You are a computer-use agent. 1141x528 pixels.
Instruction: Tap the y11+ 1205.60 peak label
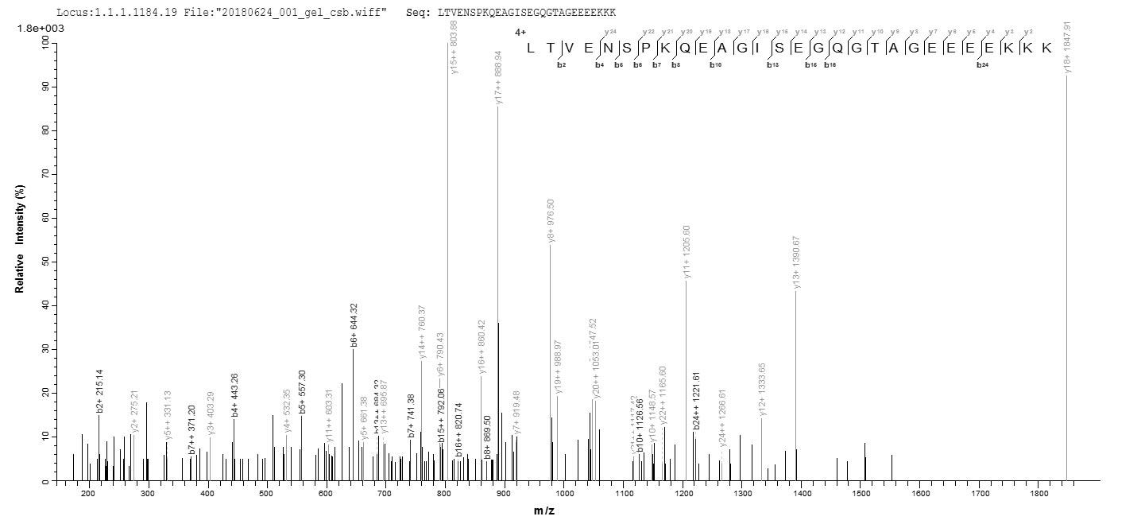pyautogui.click(x=687, y=252)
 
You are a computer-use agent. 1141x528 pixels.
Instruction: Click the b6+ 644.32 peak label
pyautogui.click(x=354, y=324)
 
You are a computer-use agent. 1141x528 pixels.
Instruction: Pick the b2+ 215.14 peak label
pyautogui.click(x=100, y=391)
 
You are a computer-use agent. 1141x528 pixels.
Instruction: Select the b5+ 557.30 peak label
pyautogui.click(x=302, y=391)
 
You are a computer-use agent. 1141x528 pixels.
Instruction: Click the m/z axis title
pyautogui.click(x=544, y=511)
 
